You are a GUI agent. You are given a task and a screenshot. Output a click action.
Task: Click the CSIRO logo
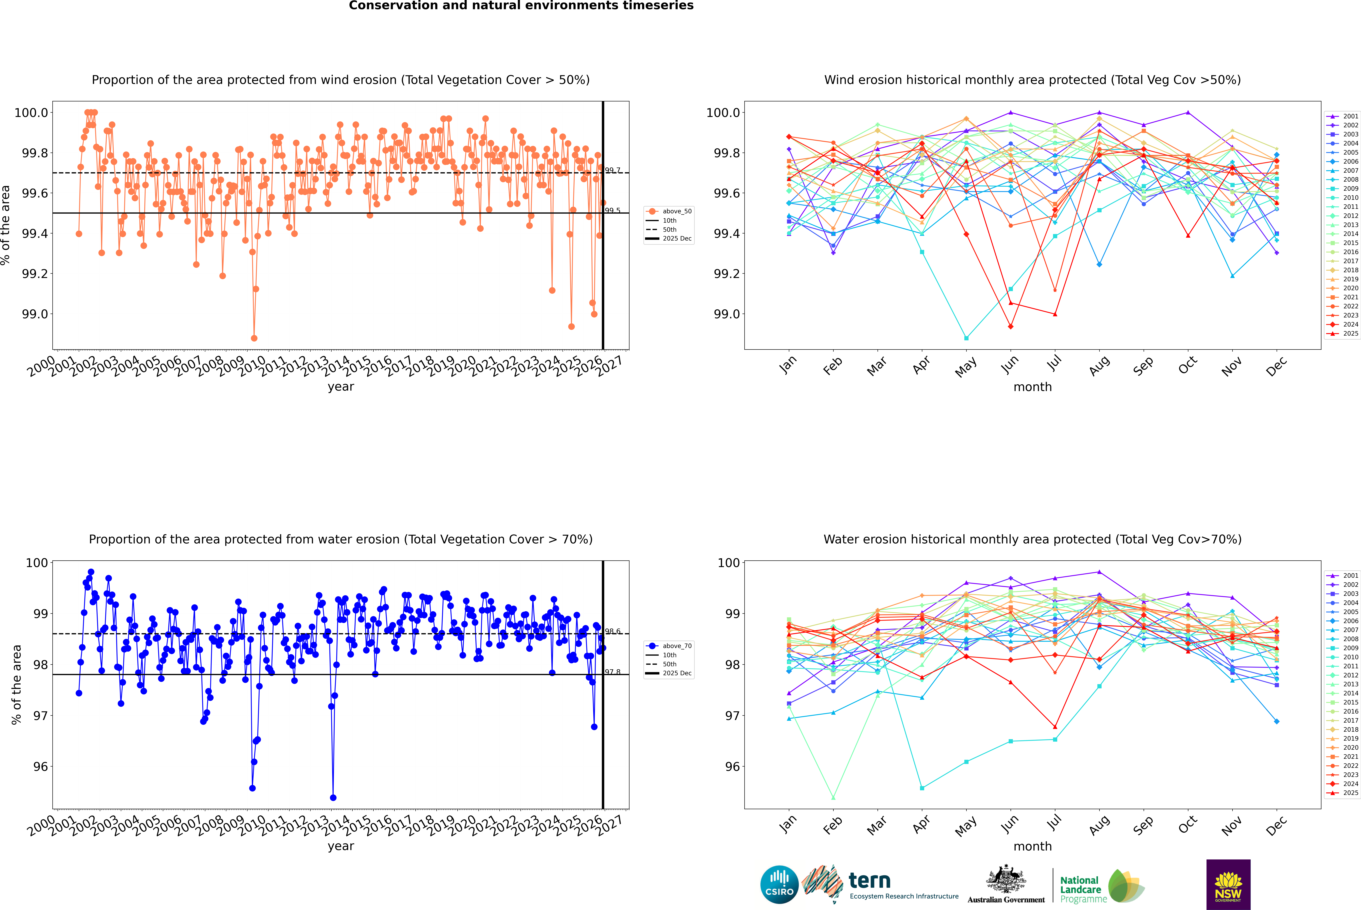[x=779, y=885]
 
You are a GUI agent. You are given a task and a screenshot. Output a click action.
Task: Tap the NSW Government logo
[x=1228, y=885]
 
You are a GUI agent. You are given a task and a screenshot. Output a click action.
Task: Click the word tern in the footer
[x=869, y=880]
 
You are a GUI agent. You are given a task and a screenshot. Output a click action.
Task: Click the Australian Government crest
[x=1006, y=880]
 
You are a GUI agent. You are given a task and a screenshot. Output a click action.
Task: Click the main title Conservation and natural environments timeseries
[x=521, y=6]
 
